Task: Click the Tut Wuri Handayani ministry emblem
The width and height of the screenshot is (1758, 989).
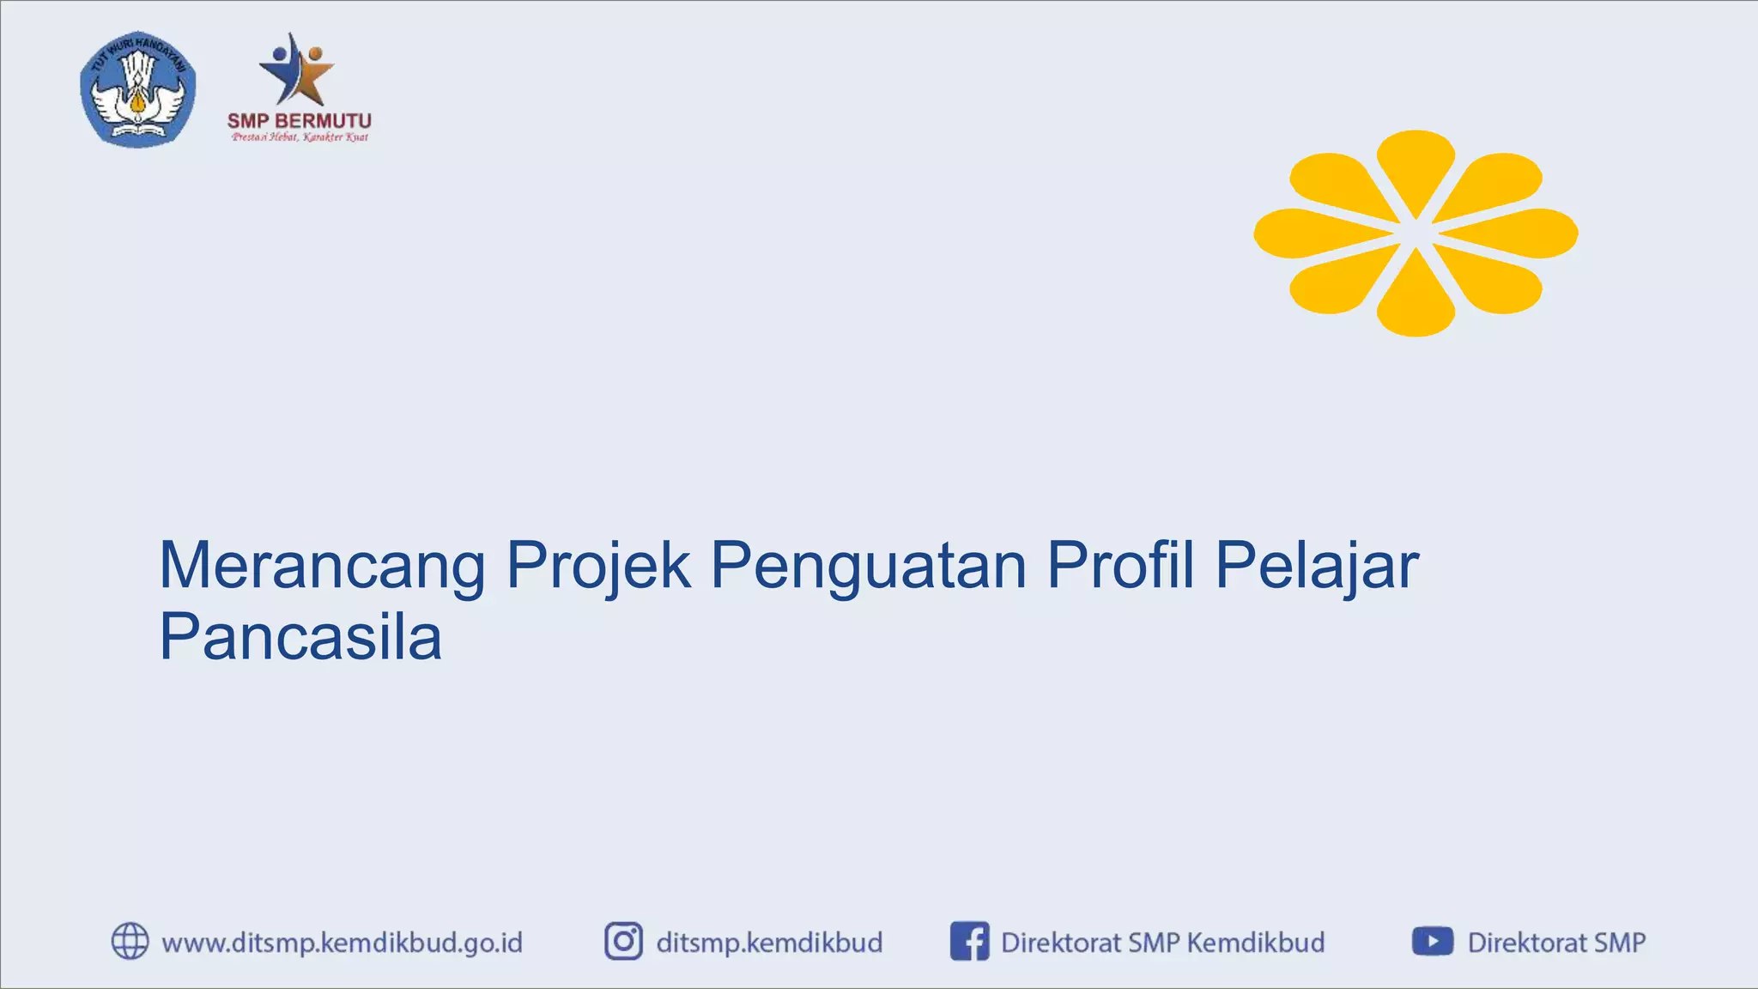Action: tap(137, 89)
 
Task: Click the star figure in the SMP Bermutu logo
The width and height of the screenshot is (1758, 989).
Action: tap(297, 70)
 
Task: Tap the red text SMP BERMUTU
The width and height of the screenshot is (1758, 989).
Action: tap(299, 121)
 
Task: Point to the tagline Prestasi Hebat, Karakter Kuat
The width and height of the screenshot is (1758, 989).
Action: tap(300, 137)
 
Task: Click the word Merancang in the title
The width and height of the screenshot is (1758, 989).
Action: tap(322, 566)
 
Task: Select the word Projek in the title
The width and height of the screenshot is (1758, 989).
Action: tap(598, 566)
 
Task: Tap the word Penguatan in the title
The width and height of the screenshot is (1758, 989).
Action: tap(868, 566)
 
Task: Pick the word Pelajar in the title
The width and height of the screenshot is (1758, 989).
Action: tap(1317, 566)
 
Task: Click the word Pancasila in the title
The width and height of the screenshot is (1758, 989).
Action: tap(300, 636)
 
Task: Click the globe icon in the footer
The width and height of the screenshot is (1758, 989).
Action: tap(130, 941)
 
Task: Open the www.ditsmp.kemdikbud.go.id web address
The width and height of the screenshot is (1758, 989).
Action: tap(342, 943)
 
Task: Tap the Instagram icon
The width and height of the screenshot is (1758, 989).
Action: tap(623, 941)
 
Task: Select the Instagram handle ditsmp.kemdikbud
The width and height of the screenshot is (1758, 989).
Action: tap(769, 943)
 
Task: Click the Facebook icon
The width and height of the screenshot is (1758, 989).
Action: tap(969, 941)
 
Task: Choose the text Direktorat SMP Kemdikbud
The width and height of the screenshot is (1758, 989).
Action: tap(1162, 943)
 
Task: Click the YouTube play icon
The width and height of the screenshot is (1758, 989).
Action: tap(1432, 941)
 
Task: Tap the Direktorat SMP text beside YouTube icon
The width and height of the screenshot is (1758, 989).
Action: tap(1556, 943)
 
